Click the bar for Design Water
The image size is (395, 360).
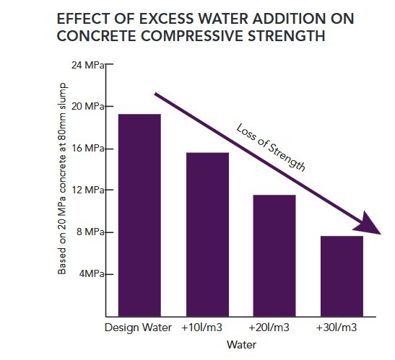coord(139,215)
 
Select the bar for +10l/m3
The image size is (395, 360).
coord(207,234)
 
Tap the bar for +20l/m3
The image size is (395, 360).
coord(274,255)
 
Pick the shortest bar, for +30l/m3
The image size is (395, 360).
coord(342,276)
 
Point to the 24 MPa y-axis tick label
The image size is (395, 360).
coord(89,65)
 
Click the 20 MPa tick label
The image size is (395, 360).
coord(89,107)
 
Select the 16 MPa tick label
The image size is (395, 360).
coord(89,149)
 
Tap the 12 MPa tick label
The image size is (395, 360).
coord(89,190)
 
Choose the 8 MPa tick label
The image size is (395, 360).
coord(91,232)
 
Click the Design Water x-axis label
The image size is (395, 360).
coord(137,328)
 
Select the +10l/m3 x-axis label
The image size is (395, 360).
coord(207,328)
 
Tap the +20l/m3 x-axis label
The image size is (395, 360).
coord(274,328)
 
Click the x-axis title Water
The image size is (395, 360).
coord(242,345)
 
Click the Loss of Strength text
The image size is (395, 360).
coord(271,147)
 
